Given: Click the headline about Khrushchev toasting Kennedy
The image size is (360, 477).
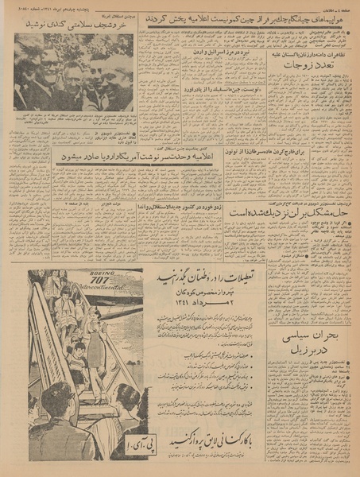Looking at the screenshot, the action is (x=73, y=25).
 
